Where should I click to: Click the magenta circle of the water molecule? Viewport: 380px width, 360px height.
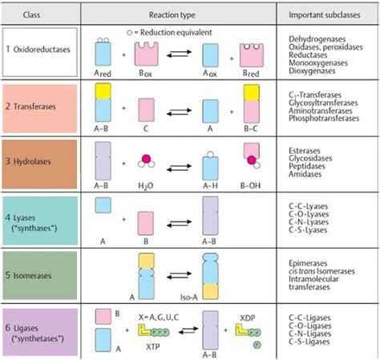click(147, 159)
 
